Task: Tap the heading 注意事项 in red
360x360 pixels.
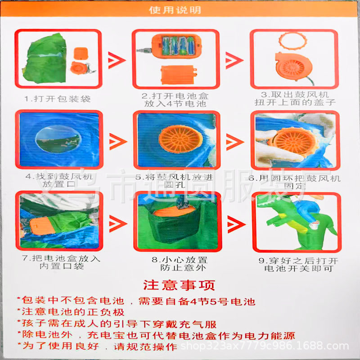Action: [x=179, y=285]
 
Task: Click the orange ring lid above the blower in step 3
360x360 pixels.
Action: [x=293, y=41]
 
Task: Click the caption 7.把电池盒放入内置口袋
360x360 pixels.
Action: [x=59, y=263]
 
